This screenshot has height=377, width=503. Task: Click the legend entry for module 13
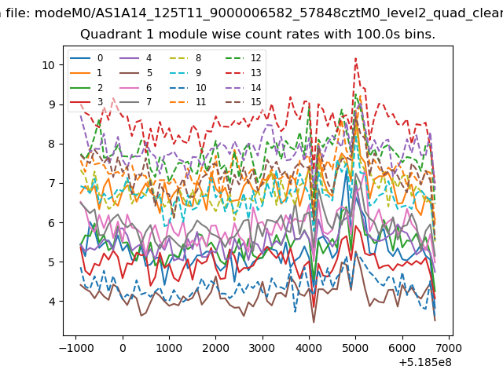pyautogui.click(x=246, y=73)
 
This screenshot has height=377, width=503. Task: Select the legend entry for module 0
pyautogui.click(x=86, y=58)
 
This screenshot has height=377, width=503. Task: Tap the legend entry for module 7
pyautogui.click(x=135, y=102)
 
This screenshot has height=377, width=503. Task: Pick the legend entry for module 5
pyautogui.click(x=136, y=73)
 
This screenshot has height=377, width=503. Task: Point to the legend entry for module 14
pyautogui.click(x=246, y=87)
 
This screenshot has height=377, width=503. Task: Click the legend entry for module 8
pyautogui.click(x=185, y=58)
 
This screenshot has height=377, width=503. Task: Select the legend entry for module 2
pyautogui.click(x=86, y=87)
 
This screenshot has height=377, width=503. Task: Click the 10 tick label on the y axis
pyautogui.click(x=48, y=65)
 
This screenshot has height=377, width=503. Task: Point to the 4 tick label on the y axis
pyautogui.click(x=51, y=302)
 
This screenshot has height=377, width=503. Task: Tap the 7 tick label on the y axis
pyautogui.click(x=51, y=183)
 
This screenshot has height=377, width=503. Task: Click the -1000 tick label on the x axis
pyautogui.click(x=76, y=348)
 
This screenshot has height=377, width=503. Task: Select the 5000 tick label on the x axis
pyautogui.click(x=355, y=348)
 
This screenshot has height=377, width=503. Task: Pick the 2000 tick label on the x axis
pyautogui.click(x=215, y=348)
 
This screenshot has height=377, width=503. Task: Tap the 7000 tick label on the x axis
pyautogui.click(x=449, y=348)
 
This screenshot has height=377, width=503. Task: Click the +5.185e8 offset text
pyautogui.click(x=425, y=363)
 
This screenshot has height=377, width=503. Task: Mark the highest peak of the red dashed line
pyautogui.click(x=356, y=58)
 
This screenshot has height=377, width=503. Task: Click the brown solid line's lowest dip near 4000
pyautogui.click(x=314, y=322)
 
